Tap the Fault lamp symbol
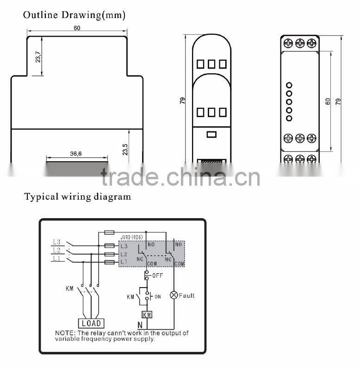pyautogui.click(x=174, y=295)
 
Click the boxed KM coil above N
pyautogui.click(x=147, y=314)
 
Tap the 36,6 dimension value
pyautogui.click(x=76, y=153)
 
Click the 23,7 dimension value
pyautogui.click(x=38, y=56)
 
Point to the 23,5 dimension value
pyautogui.click(x=125, y=149)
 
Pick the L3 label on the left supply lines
pyautogui.click(x=56, y=242)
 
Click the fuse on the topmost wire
pyautogui.click(x=110, y=231)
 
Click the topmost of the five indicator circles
pyautogui.click(x=289, y=85)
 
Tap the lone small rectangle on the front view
pyautogui.click(x=211, y=134)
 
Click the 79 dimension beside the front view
pyautogui.click(x=183, y=100)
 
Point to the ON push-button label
pyautogui.click(x=158, y=296)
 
